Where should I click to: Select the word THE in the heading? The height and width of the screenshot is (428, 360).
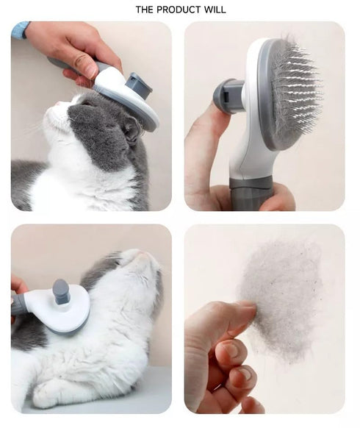point(145,10)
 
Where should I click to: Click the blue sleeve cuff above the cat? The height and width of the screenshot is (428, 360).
point(20,29)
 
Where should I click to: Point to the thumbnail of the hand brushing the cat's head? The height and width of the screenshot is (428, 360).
point(91,116)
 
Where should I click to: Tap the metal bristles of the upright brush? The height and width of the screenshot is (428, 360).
point(294,92)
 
